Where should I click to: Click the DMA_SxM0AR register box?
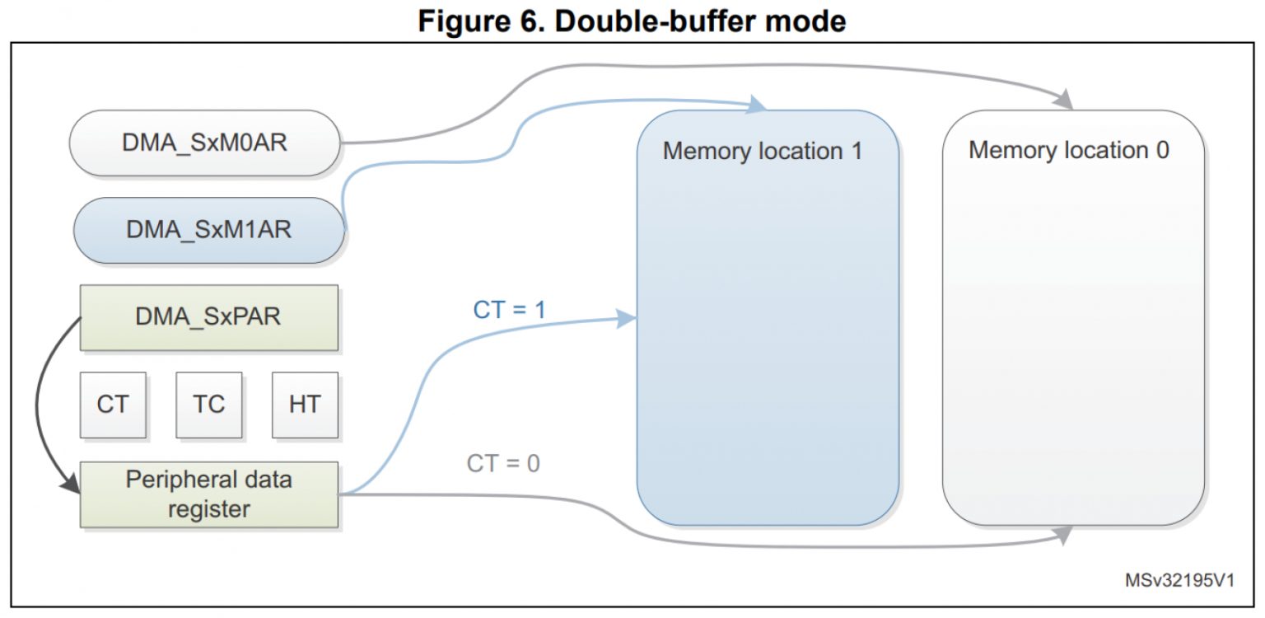[204, 143]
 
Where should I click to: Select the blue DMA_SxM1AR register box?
[209, 229]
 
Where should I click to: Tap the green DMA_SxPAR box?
[208, 316]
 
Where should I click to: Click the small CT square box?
[113, 405]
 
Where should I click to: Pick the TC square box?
[208, 405]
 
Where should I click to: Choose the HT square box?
[305, 405]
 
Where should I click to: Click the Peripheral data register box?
[209, 494]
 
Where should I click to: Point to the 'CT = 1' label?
[510, 310]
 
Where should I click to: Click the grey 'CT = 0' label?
[503, 463]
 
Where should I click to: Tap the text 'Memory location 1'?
[762, 152]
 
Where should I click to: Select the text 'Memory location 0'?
[1068, 150]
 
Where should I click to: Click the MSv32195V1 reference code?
[1179, 580]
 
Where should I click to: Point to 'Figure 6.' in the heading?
[479, 21]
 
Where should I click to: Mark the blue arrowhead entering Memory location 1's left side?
[628, 319]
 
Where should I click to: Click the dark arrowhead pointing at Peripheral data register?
[71, 485]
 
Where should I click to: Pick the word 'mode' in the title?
[803, 21]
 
